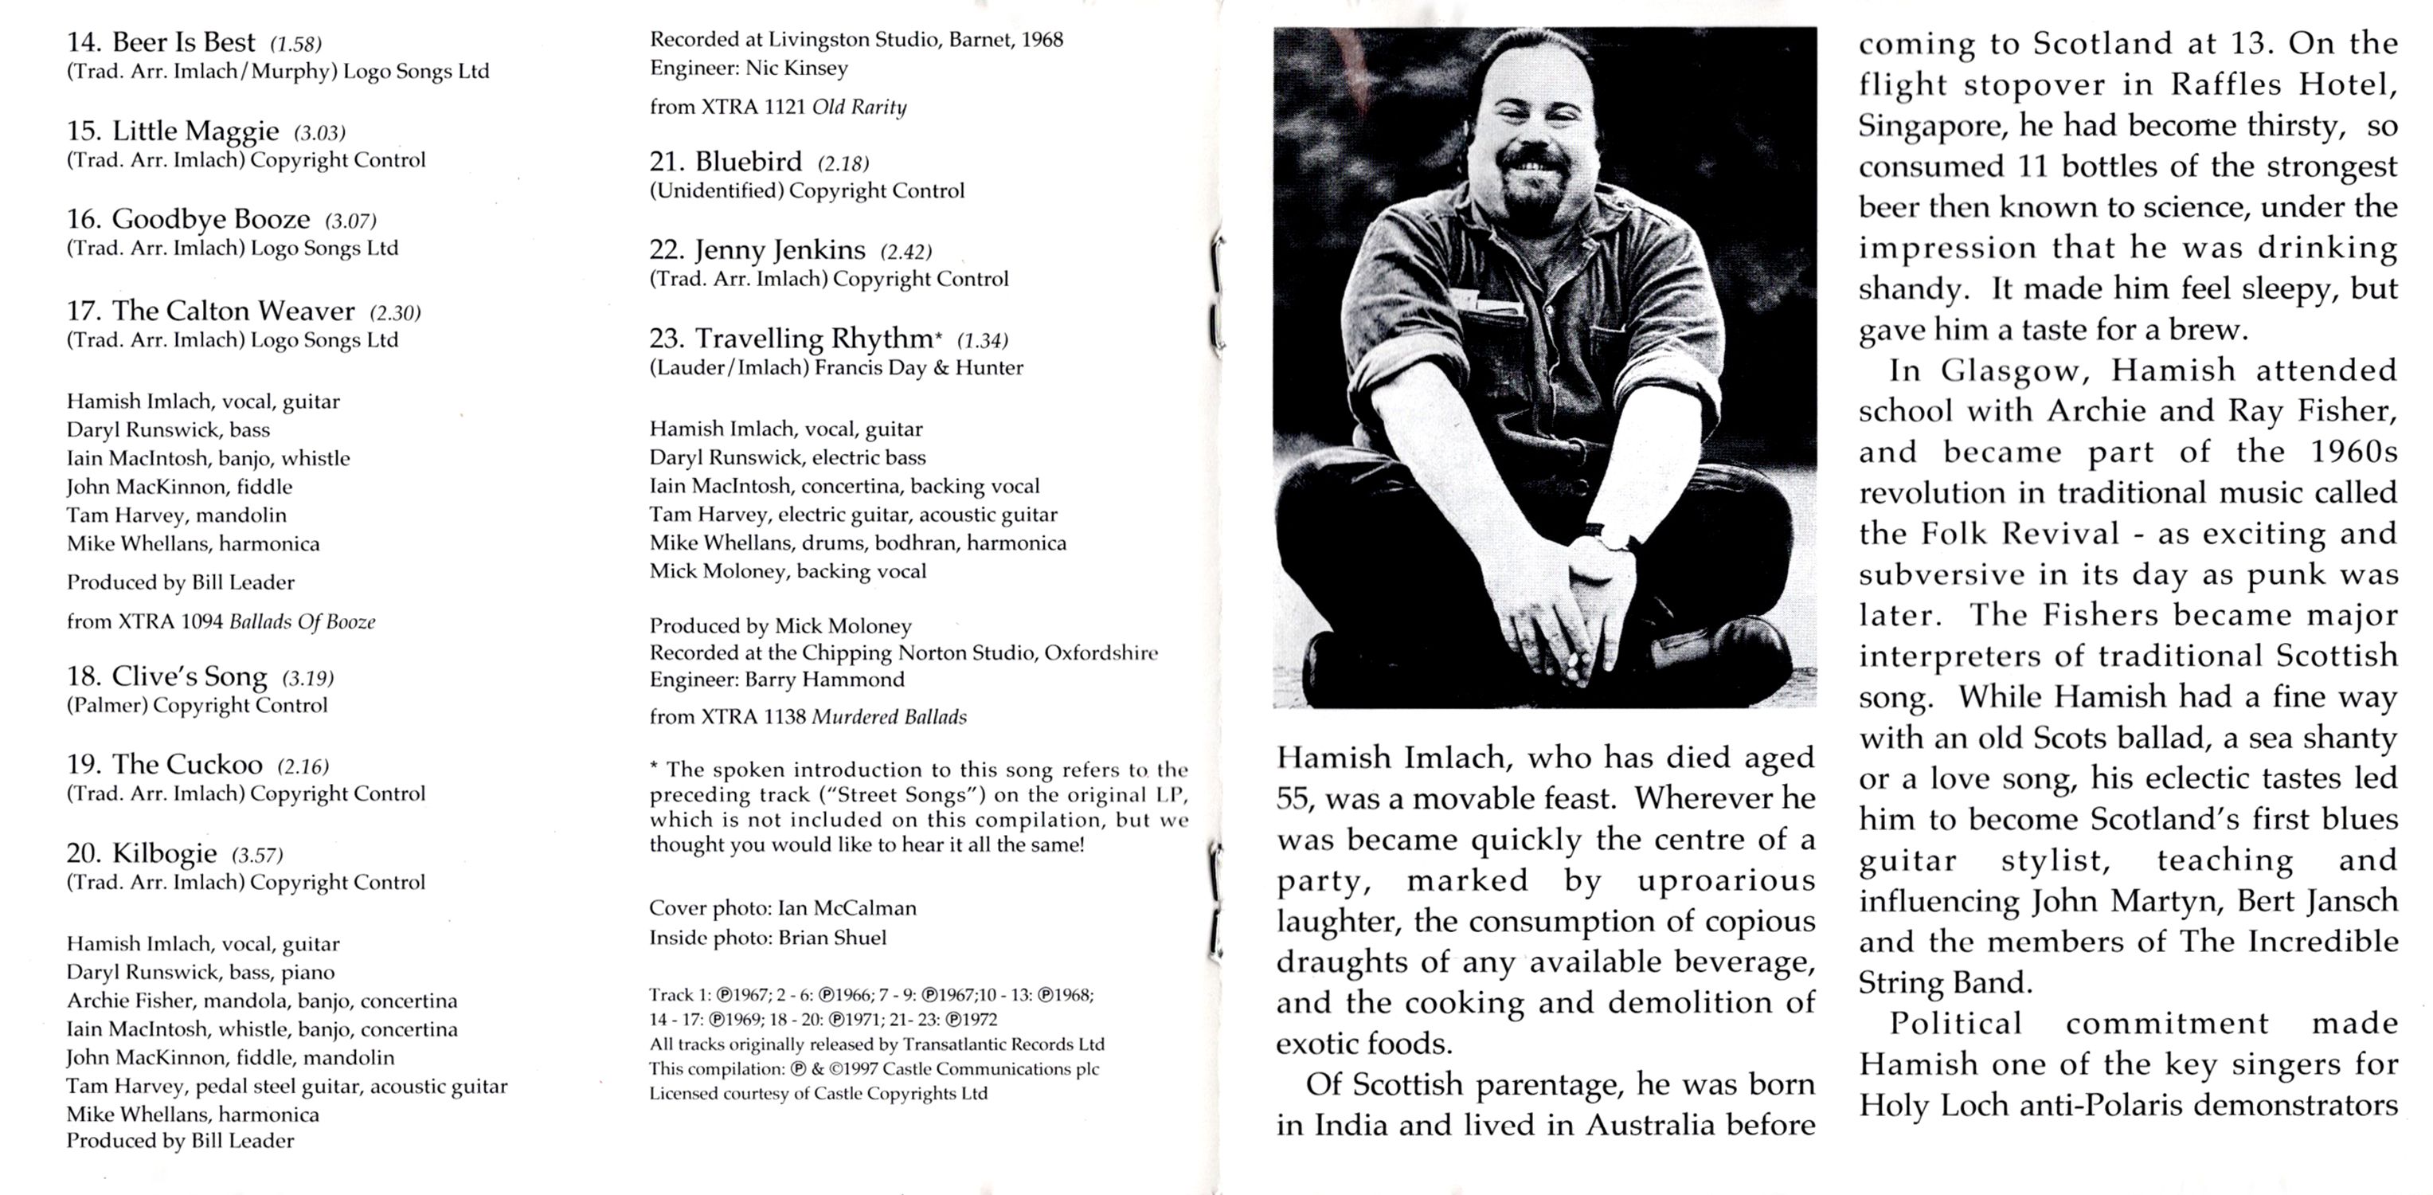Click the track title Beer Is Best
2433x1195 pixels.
coord(183,42)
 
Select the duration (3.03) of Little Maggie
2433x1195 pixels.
coord(319,132)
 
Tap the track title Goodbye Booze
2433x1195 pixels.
coord(210,219)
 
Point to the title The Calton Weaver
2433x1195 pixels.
coord(233,311)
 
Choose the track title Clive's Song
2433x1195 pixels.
coord(189,676)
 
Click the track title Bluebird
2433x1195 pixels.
coord(748,162)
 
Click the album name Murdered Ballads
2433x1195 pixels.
coord(889,717)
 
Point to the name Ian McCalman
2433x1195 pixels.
coord(847,908)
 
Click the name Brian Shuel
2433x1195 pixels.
coord(832,938)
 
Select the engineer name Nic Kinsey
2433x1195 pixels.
coord(796,68)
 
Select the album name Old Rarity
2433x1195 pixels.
coord(859,107)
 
